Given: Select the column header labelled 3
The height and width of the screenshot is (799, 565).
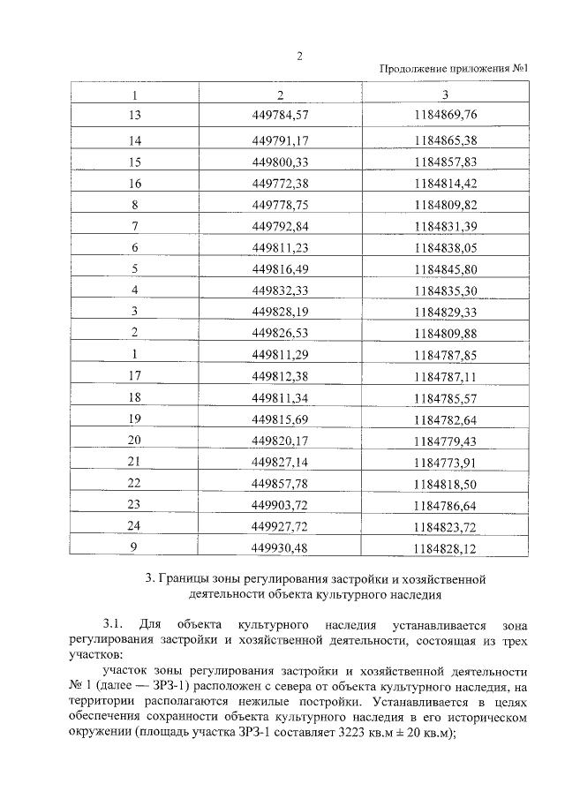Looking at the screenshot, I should [444, 94].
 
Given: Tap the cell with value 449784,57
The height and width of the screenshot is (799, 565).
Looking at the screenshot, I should [280, 116].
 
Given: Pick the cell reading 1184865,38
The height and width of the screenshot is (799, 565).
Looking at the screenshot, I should [444, 140].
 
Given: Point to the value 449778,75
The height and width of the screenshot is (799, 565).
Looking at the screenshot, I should [280, 204].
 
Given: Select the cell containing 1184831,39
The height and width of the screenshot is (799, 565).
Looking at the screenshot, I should [444, 226].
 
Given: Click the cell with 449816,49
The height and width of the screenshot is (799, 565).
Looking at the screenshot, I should [280, 268].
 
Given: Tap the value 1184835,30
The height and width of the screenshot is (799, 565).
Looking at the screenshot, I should [444, 290].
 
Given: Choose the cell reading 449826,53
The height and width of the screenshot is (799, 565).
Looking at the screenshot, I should [280, 333].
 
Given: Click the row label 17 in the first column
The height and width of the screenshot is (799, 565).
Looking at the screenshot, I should [135, 376].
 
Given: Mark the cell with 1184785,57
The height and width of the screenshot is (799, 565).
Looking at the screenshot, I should [444, 397].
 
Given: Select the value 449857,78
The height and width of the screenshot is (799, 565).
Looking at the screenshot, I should [280, 483].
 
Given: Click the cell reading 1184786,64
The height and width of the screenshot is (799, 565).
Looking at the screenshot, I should [444, 505].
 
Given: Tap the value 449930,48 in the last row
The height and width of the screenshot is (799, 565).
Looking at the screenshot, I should [280, 548].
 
